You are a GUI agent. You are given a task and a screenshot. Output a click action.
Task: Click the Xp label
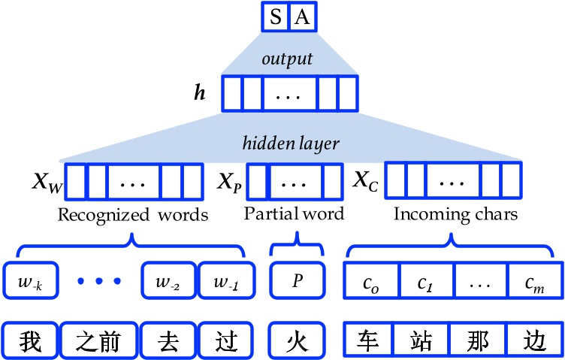pyautogui.click(x=229, y=182)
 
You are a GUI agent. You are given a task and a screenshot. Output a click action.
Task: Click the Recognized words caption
pyautogui.click(x=132, y=216)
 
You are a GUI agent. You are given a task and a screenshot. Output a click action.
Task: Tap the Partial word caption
pyautogui.click(x=295, y=214)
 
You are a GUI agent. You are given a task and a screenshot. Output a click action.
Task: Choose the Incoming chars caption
pyautogui.click(x=456, y=216)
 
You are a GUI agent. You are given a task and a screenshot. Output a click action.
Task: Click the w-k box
pyautogui.click(x=29, y=280)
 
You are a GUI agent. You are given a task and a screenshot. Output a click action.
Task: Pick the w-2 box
pyautogui.click(x=169, y=280)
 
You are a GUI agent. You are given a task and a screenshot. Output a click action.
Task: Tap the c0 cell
pyautogui.click(x=370, y=280)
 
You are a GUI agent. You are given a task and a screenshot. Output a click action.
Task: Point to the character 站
pyautogui.click(x=425, y=339)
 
